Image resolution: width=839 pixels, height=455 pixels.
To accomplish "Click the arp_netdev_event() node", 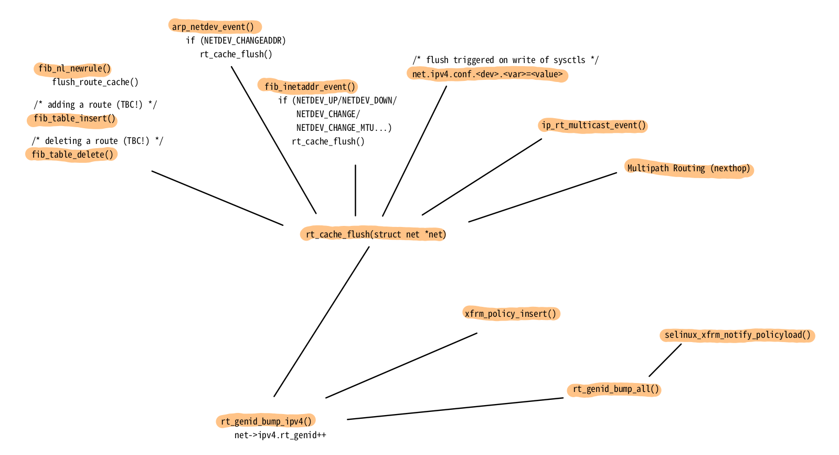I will click(x=213, y=27).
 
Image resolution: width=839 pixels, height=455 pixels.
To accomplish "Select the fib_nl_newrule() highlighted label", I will click(x=75, y=68).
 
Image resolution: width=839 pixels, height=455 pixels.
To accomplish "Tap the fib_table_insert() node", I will click(x=75, y=119).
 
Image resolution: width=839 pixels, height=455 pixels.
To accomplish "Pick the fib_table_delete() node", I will click(x=72, y=154).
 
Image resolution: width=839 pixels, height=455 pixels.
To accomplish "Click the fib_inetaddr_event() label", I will click(x=310, y=87).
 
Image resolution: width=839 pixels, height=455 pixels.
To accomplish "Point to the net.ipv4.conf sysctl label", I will click(x=487, y=74).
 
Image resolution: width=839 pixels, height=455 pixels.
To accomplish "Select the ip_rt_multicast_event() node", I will click(x=593, y=126).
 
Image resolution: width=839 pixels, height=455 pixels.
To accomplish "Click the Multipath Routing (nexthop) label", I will click(x=688, y=169).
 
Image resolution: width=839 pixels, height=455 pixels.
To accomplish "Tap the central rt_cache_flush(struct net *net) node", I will click(x=375, y=234).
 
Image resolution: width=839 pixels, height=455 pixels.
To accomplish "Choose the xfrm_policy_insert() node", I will click(x=510, y=314).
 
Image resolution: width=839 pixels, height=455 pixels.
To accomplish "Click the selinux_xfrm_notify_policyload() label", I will click(x=737, y=335).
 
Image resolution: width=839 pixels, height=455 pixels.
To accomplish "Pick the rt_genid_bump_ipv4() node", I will click(x=266, y=421).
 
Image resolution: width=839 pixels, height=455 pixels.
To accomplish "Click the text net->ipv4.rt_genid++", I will click(x=280, y=435).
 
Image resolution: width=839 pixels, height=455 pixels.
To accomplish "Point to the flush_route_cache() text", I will click(x=95, y=82).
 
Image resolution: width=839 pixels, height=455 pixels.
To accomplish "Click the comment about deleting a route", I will click(x=98, y=141).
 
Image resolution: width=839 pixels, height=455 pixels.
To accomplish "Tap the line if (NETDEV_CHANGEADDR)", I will click(x=236, y=40).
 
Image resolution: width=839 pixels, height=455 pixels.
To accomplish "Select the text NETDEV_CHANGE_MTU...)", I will click(x=344, y=128).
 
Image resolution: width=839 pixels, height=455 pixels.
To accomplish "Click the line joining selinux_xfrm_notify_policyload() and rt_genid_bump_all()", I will click(x=665, y=360).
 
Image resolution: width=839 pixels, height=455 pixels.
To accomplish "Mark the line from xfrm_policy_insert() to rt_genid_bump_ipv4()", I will click(x=401, y=365).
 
